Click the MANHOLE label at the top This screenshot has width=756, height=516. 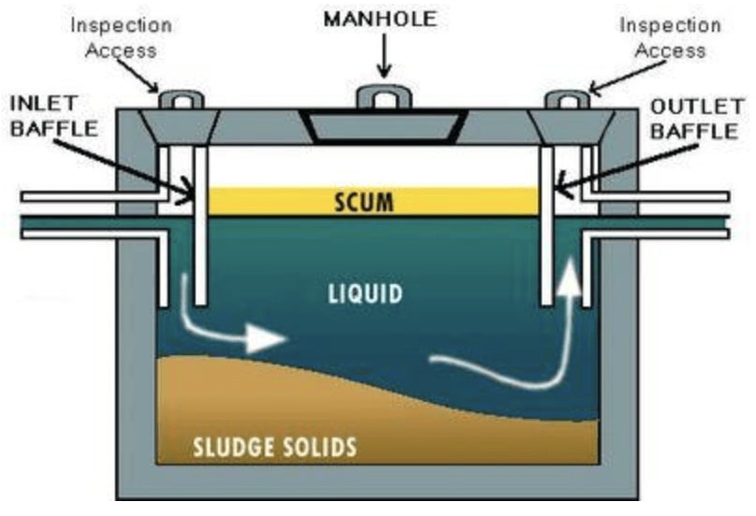[382, 20]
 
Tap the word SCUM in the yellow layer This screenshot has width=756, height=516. [376, 202]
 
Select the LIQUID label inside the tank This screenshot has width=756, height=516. [366, 294]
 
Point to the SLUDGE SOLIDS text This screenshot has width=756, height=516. [275, 447]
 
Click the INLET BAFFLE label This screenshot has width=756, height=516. [53, 113]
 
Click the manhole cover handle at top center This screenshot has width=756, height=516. [382, 96]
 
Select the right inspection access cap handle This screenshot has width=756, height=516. [567, 98]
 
